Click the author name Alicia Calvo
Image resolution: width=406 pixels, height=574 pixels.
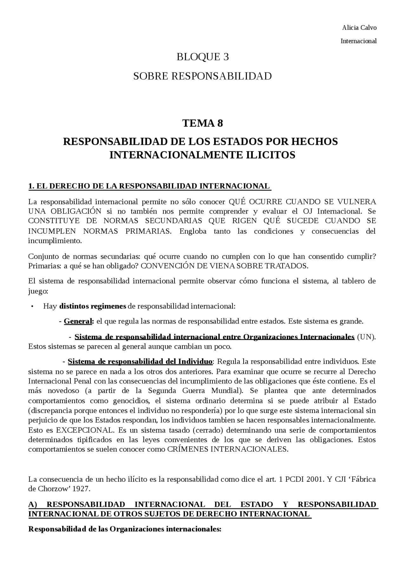click(x=359, y=28)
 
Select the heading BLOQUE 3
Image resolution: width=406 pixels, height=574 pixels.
click(x=203, y=57)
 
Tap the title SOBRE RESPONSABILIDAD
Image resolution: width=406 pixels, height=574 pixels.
click(x=202, y=76)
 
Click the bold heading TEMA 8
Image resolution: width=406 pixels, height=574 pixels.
click(x=202, y=123)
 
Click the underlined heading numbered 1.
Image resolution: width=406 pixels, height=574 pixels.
click(x=149, y=186)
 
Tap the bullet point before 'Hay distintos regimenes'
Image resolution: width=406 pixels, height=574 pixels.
click(x=32, y=306)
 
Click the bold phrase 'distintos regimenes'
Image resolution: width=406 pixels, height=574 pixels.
click(x=93, y=306)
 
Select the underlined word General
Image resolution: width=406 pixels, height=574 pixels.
click(x=78, y=321)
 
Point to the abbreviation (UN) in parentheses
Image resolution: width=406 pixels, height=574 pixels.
click(x=366, y=337)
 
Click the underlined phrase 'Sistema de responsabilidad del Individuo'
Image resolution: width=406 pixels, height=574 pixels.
click(x=140, y=362)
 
